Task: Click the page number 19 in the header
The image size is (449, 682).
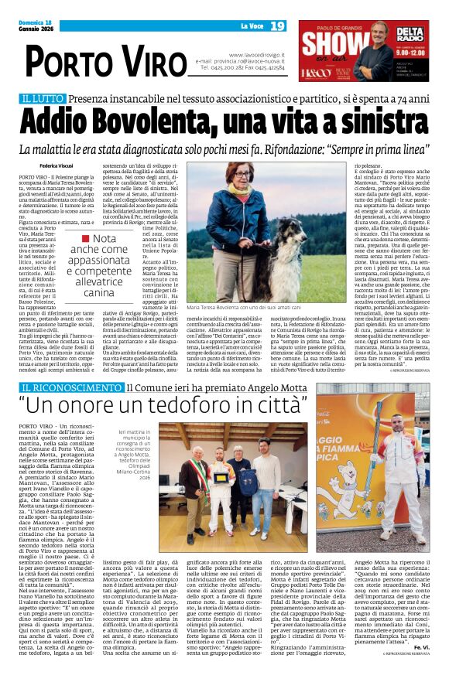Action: (277, 26)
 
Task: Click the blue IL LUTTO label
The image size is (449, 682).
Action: (41, 101)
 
